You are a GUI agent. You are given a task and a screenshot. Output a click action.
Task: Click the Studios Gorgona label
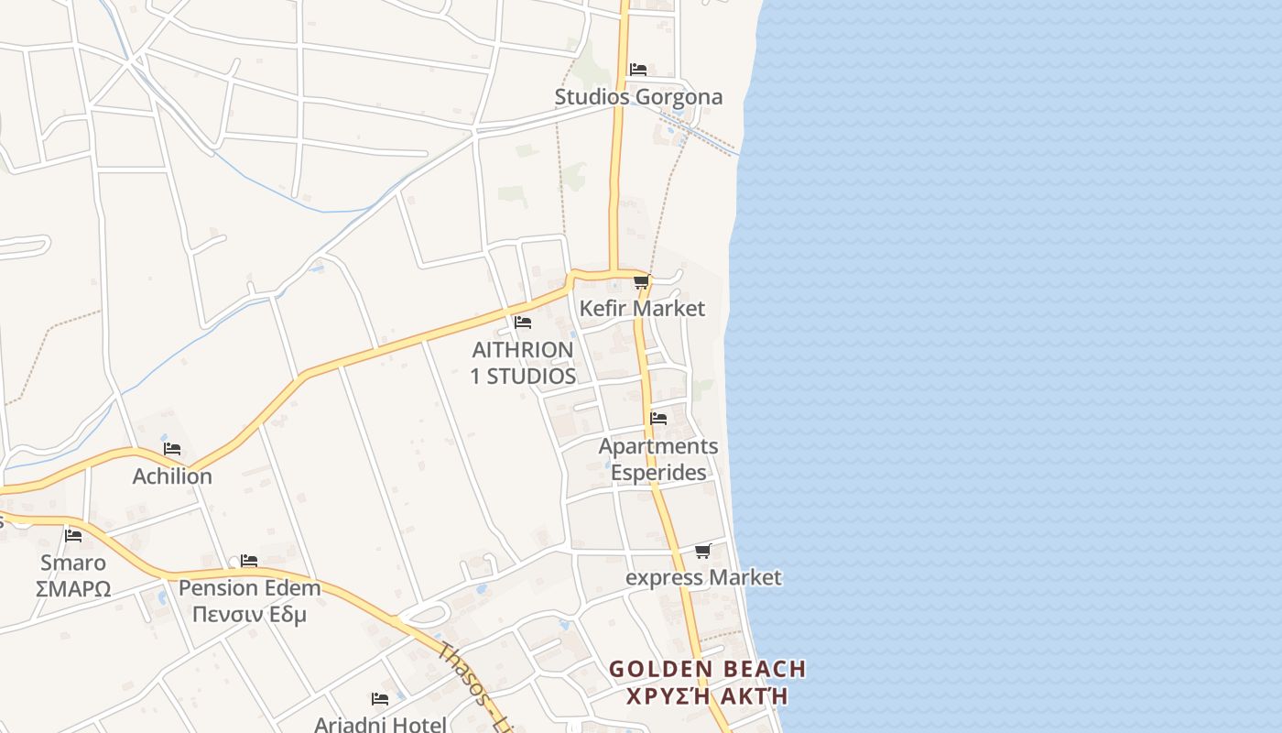638,96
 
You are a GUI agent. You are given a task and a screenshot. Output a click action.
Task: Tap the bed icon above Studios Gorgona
638,69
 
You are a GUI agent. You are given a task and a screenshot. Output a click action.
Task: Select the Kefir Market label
642,308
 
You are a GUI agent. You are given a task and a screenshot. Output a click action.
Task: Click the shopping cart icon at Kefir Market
641,281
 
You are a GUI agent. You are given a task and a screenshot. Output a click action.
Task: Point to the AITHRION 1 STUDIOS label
523,363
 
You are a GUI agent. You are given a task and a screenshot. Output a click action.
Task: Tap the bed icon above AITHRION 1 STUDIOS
523,322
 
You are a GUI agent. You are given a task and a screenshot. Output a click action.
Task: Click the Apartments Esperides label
658,459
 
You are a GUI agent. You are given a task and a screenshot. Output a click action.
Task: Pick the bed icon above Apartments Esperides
658,418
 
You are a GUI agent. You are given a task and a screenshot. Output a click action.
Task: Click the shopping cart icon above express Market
702,551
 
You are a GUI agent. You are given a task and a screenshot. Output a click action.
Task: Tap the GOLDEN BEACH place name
708,669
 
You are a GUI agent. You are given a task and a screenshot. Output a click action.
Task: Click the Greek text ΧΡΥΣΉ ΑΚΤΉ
708,695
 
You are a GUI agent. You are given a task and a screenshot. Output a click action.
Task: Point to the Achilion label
172,476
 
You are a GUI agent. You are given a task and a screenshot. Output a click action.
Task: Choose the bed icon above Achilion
172,449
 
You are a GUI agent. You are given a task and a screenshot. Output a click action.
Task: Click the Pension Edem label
249,588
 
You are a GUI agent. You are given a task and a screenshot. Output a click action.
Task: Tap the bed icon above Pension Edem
249,560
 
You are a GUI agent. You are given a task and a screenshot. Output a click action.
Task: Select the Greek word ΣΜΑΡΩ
73,589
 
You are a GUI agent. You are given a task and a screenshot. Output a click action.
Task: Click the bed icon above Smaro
73,535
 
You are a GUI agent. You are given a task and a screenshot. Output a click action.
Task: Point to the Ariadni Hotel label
380,724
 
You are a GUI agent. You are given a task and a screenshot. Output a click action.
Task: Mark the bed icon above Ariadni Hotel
380,698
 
